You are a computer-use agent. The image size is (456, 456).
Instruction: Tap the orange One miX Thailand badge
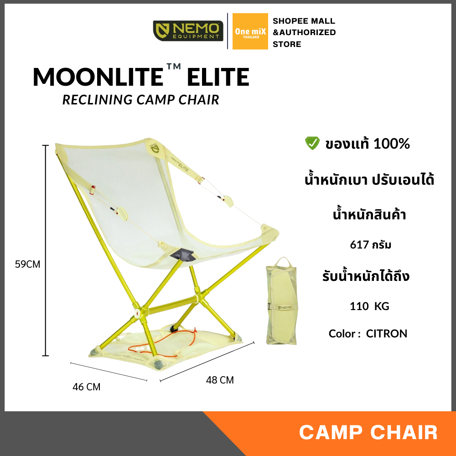point(250,31)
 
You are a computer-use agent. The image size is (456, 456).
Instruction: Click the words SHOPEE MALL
point(304,21)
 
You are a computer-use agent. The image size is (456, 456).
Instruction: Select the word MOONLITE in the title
point(98,77)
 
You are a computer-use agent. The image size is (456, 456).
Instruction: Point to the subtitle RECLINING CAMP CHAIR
point(140,99)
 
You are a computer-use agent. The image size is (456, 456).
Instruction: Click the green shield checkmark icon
point(312,144)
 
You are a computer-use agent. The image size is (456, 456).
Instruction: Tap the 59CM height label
point(27,264)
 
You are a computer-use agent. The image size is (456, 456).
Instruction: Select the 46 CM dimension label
point(87,387)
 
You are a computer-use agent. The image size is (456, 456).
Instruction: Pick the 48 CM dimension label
point(220,380)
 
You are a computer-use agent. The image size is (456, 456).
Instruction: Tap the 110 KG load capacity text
point(369,306)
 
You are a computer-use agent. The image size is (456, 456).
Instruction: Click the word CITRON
point(387,333)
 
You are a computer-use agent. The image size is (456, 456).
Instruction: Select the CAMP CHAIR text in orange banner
point(368,432)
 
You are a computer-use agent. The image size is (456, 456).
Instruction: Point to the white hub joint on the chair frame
point(137,314)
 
